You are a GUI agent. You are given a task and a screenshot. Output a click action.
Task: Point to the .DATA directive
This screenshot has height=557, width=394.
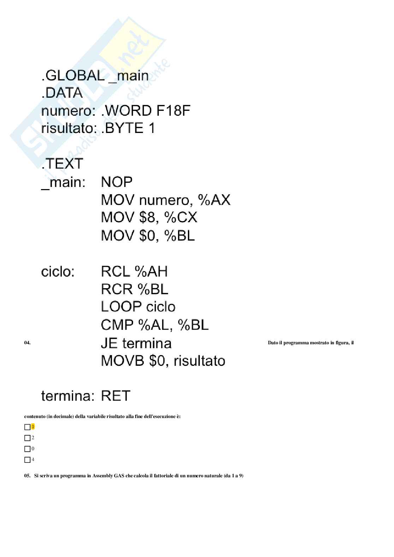pos(62,93)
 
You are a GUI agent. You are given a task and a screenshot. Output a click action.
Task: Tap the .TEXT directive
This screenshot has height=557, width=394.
pos(62,164)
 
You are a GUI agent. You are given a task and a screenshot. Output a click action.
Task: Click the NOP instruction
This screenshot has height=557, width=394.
pos(117,182)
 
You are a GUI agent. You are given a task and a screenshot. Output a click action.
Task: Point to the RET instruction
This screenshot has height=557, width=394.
pos(116,396)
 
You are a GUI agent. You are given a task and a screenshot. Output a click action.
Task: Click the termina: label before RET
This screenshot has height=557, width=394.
pos(67,396)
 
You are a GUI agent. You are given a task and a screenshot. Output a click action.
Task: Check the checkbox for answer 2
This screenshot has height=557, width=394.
pos(27,438)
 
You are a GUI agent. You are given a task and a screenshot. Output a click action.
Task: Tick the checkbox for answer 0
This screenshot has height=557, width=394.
pos(27,449)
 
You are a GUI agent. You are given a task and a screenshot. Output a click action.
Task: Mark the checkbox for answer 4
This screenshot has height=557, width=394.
pos(27,460)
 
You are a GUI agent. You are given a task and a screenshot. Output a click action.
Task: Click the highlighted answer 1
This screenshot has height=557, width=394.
pos(33,427)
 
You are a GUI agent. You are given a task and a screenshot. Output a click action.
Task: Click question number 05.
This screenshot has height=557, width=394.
pos(27,476)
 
